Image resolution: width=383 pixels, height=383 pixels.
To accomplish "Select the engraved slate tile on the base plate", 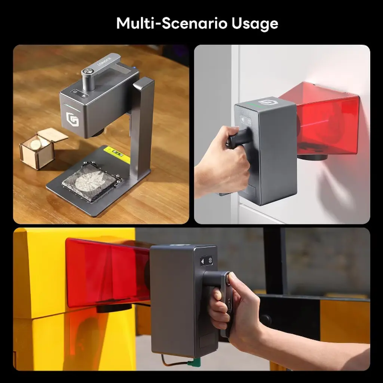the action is (x=90, y=183).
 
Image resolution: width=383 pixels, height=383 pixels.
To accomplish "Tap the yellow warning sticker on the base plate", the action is (x=117, y=155).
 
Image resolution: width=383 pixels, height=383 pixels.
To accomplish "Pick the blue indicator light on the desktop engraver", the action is (x=134, y=67).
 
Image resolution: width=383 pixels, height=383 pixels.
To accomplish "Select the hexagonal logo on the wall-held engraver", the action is (x=266, y=102).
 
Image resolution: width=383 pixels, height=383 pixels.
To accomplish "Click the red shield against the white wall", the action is (x=322, y=117).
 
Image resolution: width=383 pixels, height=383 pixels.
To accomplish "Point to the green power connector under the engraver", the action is (x=192, y=363).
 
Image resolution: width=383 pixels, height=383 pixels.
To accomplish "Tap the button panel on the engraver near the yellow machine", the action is (x=206, y=261).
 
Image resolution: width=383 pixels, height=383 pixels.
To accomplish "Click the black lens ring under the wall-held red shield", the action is (x=313, y=157).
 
